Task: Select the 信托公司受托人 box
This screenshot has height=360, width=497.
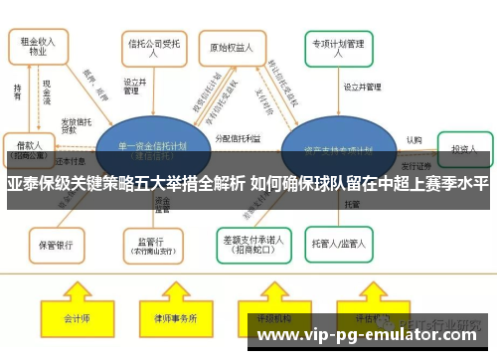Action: (146, 48)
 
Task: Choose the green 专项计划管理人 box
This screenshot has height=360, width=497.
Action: (341, 49)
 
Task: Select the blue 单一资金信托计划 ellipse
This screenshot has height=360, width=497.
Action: (154, 149)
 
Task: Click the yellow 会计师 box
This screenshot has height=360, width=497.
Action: (77, 319)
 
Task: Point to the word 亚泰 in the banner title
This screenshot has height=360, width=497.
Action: (22, 185)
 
